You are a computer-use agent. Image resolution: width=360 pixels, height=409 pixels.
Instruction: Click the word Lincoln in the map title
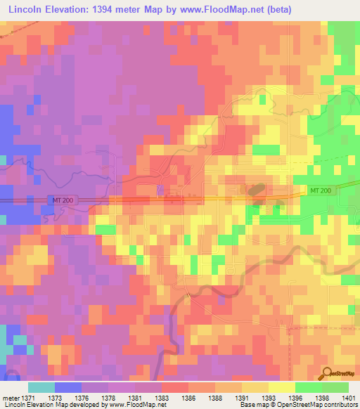27,9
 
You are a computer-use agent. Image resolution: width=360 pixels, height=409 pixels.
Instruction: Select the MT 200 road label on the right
321,191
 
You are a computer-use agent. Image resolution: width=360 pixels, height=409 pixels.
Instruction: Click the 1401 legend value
349,397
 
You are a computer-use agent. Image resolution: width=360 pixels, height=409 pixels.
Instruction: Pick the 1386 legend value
188,397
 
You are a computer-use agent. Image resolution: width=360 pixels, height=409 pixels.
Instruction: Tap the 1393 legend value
269,397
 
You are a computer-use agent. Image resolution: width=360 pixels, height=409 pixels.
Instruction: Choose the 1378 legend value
108,397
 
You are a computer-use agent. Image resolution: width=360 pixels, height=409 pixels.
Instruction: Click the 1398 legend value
322,397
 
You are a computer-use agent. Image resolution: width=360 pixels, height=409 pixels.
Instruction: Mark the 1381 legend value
135,397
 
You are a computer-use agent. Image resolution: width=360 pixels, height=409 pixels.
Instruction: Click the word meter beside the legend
11,397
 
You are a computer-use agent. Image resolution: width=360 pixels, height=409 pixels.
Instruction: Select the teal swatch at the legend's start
41,387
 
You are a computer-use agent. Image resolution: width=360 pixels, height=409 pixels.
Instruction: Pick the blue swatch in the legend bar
68,387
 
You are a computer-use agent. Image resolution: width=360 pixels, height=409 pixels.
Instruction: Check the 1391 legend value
242,397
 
